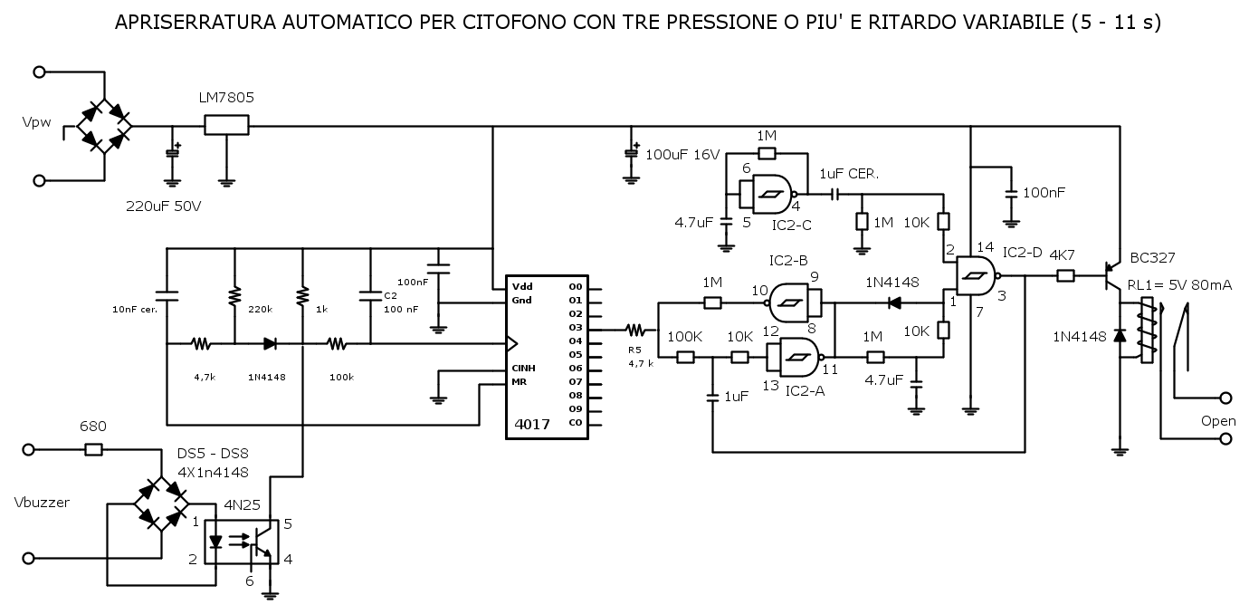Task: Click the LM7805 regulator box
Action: pos(226,125)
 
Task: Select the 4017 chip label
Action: pos(532,425)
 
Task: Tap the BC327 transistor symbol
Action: pos(1111,276)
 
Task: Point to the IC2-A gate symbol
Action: pos(795,357)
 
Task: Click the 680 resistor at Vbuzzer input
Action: pos(93,449)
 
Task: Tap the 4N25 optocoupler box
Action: pos(242,542)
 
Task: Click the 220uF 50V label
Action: pos(164,206)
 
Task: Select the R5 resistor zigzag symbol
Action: pos(635,331)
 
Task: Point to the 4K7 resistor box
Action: pos(1065,275)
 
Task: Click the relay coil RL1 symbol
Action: pos(1147,331)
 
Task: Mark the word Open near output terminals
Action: pos(1218,421)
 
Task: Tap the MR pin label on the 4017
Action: pos(520,382)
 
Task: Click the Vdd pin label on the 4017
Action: pos(522,287)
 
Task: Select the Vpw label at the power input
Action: pos(37,122)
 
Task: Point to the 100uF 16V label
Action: pos(683,155)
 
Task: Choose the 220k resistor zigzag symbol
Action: pos(234,295)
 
